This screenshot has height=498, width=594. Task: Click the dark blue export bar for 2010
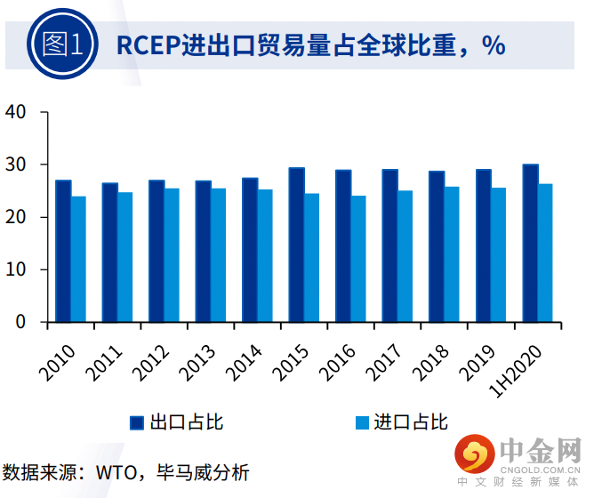click(63, 251)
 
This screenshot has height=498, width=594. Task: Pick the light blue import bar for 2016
click(358, 259)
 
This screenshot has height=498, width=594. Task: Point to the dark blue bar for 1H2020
click(530, 243)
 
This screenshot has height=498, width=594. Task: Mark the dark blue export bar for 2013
click(204, 251)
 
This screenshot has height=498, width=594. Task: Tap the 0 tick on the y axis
click(20, 322)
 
